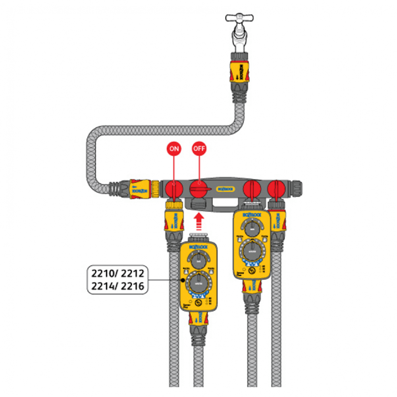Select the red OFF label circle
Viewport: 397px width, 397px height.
tap(199, 149)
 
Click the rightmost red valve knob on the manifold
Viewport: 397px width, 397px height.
tap(276, 188)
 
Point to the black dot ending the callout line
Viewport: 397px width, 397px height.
tap(182, 280)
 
